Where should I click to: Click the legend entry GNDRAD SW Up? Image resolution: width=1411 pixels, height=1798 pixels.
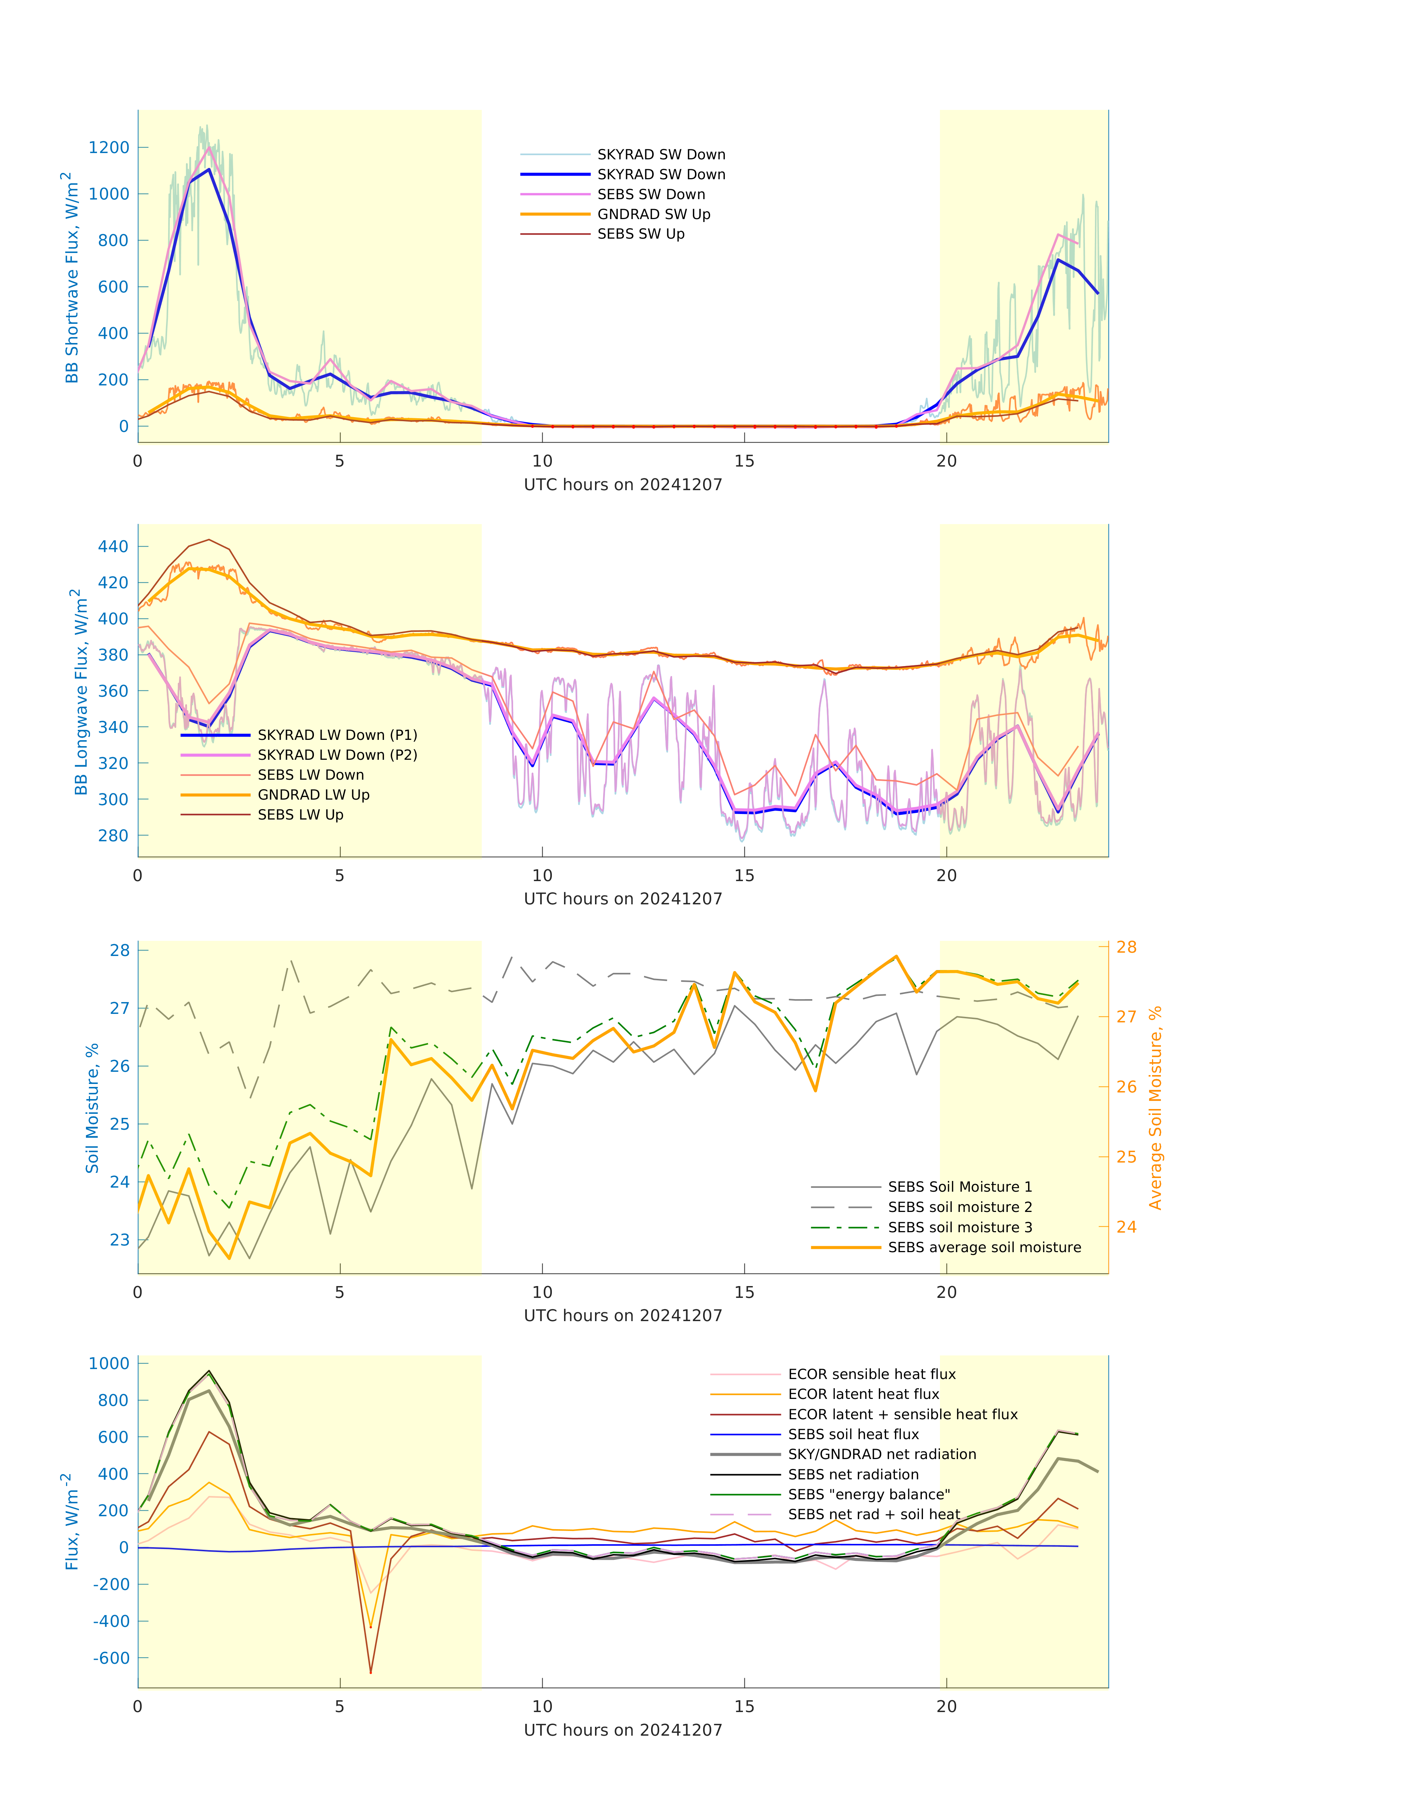point(653,214)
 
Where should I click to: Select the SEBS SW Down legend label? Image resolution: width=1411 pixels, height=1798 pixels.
point(651,194)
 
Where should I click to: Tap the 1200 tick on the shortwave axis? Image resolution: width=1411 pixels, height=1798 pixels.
point(109,148)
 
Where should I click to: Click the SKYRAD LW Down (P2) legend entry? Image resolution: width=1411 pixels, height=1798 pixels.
point(337,755)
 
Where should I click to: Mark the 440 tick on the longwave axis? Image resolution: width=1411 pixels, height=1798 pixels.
point(113,547)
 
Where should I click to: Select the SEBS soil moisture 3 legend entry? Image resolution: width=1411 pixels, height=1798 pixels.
point(959,1227)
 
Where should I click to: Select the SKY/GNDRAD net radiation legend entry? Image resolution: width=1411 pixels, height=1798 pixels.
point(882,1454)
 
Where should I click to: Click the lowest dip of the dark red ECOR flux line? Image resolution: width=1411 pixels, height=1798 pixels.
point(371,1673)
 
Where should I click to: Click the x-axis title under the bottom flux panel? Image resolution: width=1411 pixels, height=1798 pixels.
point(623,1730)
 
